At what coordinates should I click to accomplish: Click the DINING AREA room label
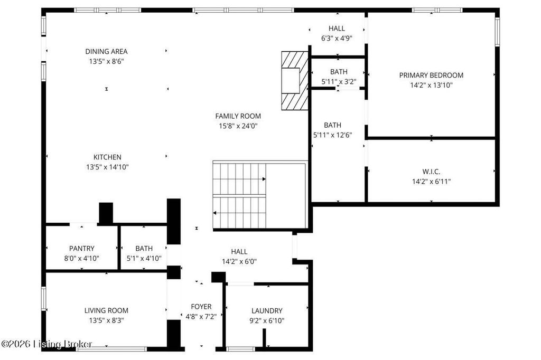(x=106, y=51)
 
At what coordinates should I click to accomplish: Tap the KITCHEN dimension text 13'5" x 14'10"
(x=107, y=167)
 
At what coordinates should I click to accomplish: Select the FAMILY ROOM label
(x=238, y=116)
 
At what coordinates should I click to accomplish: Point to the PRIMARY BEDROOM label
(x=431, y=75)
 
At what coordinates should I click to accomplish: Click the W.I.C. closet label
(x=431, y=172)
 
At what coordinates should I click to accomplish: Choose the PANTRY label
(x=82, y=248)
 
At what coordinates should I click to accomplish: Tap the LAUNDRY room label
(x=267, y=311)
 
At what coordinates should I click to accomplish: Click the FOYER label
(x=201, y=307)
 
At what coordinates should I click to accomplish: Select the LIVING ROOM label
(x=106, y=310)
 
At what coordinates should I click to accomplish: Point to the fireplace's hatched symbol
(x=295, y=81)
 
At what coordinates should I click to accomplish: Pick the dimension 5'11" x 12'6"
(x=333, y=135)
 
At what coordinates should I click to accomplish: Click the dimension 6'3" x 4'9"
(x=337, y=39)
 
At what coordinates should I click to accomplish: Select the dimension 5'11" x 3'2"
(x=339, y=82)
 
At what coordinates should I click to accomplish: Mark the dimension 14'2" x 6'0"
(x=239, y=262)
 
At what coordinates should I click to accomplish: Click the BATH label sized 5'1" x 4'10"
(x=144, y=248)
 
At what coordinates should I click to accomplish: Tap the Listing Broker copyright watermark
(x=46, y=344)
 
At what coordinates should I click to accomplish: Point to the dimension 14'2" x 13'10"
(x=431, y=85)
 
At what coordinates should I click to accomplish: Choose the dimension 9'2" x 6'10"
(x=267, y=321)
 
